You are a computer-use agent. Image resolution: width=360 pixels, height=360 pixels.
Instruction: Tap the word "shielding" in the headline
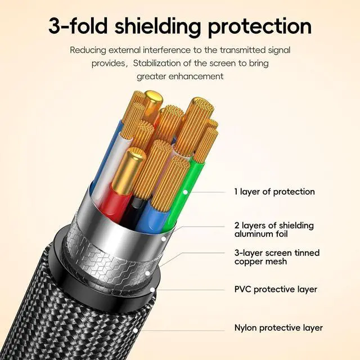click(158, 28)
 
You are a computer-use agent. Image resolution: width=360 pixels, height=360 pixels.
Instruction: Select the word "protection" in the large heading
click(260, 28)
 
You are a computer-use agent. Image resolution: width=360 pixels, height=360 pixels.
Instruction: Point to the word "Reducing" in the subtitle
click(88, 50)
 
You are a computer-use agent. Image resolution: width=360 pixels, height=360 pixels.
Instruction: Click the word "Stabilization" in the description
click(156, 63)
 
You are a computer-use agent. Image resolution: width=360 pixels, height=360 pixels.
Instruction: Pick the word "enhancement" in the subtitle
click(196, 76)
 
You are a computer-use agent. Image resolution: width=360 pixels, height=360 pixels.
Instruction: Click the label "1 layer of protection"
click(274, 192)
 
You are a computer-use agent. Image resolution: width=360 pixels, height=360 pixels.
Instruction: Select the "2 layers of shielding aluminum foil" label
click(274, 229)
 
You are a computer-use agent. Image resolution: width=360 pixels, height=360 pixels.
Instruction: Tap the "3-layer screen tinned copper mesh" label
click(277, 257)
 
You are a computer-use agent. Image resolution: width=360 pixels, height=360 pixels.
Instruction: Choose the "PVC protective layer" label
click(276, 289)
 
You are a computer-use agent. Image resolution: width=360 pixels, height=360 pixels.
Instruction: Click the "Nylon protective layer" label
click(278, 328)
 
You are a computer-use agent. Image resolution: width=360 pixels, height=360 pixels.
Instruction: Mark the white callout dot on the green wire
click(186, 192)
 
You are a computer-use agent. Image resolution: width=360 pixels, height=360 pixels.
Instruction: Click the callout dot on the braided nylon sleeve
click(136, 330)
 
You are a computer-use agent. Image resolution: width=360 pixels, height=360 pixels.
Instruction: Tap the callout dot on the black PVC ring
click(152, 290)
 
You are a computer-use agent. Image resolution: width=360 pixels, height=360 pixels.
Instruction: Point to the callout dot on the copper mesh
click(147, 273)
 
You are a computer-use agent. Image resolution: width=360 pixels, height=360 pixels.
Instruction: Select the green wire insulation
click(181, 195)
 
